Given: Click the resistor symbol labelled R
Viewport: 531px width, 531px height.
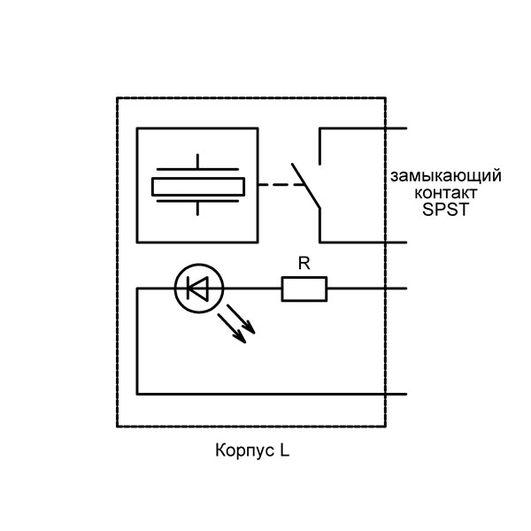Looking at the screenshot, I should tap(304, 289).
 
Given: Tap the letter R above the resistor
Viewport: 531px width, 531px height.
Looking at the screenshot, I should tap(304, 263).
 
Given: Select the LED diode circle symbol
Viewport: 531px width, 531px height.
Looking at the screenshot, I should tap(199, 289).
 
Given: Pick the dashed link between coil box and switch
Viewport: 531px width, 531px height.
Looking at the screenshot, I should tap(279, 185).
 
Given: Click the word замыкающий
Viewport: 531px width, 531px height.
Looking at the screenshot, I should tap(447, 175).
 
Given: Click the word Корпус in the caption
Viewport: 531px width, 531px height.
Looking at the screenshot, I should tap(243, 450).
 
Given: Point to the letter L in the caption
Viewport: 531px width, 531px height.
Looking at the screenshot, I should tap(285, 450).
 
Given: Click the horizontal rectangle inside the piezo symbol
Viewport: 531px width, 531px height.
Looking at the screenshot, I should tap(198, 186).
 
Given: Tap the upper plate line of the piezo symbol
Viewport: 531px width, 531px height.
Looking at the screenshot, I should tap(198, 169).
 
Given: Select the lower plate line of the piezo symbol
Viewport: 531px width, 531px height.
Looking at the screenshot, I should tap(198, 203).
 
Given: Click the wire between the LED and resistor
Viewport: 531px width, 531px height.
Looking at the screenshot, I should tap(252, 289).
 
